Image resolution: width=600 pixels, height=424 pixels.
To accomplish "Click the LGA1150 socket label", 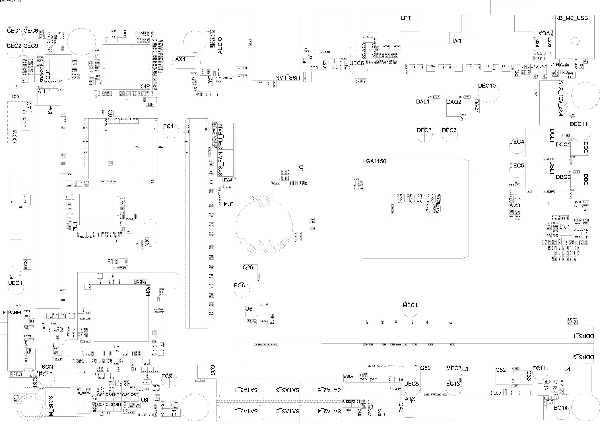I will [x=374, y=161].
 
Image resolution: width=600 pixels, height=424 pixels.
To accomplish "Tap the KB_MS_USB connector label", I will [x=572, y=18].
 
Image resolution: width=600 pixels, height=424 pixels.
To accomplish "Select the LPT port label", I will [x=406, y=18].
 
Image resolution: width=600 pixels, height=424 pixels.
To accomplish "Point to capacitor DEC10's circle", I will [x=488, y=93].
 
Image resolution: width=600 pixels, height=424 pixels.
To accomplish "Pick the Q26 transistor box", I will [x=250, y=273].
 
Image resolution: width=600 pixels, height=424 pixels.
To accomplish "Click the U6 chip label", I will [x=249, y=309].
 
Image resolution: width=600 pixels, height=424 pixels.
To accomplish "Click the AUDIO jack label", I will [x=220, y=45].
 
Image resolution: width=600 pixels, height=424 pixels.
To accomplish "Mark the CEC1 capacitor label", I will [x=14, y=31].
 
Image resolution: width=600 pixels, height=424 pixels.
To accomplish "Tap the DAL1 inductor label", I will [x=422, y=102].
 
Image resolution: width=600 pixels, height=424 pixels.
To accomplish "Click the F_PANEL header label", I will [x=12, y=313].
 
